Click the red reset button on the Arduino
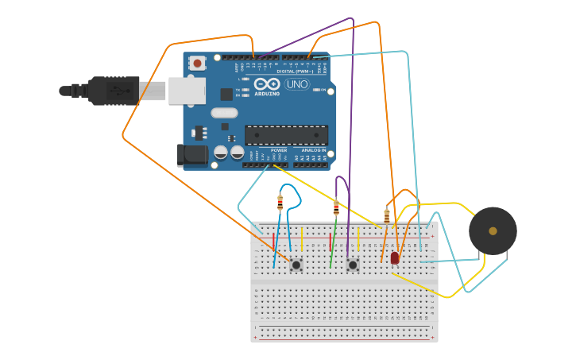(196, 62)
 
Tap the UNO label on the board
(297, 84)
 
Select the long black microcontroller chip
(286, 135)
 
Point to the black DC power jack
(192, 155)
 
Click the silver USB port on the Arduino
(187, 91)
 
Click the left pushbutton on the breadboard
(296, 264)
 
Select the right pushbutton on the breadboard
(353, 264)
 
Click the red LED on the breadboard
(395, 257)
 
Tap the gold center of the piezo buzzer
(493, 230)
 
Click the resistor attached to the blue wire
(280, 203)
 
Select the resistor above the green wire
(336, 208)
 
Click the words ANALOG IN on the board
(314, 150)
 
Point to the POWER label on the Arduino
(279, 150)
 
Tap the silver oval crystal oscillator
(224, 113)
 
